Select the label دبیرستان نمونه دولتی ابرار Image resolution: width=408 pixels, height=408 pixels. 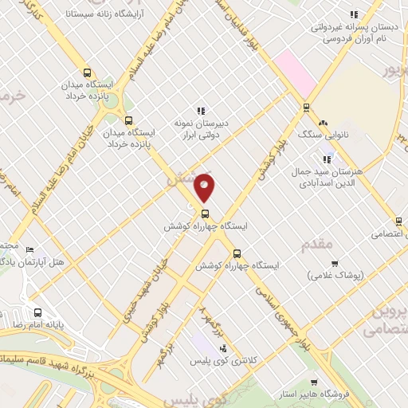click(x=201, y=129)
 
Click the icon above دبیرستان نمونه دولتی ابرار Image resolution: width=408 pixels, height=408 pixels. click(x=201, y=111)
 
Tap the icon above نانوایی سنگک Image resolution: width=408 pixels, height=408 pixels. click(x=323, y=123)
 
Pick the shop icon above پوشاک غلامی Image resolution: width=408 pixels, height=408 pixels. click(x=335, y=263)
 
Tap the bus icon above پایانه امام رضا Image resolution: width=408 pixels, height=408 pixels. click(x=37, y=312)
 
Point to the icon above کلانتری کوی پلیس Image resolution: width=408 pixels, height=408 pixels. click(x=222, y=348)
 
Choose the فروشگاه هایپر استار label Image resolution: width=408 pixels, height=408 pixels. click(x=315, y=394)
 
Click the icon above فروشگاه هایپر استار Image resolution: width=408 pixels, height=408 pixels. click(x=315, y=382)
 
